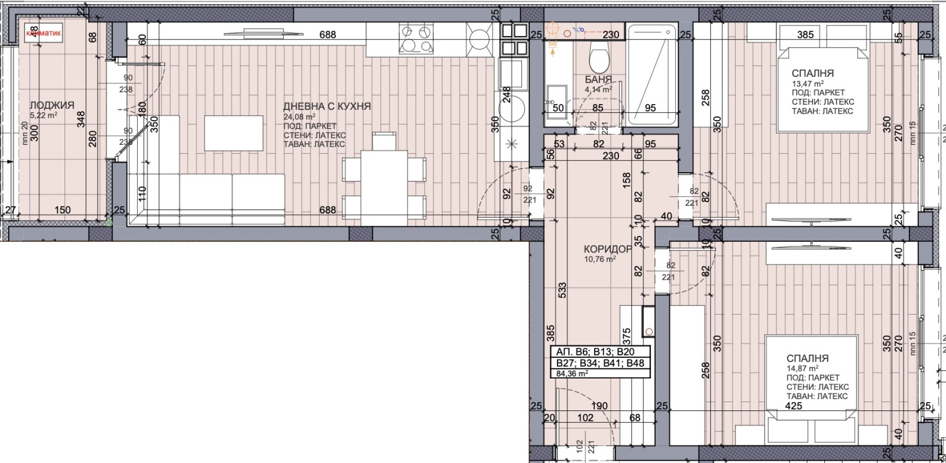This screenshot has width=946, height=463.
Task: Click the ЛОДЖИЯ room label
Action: (52, 105)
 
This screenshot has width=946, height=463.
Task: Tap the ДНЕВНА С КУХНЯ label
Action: (327, 106)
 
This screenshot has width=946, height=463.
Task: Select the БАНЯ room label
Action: (598, 79)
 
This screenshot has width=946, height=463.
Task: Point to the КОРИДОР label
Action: (607, 250)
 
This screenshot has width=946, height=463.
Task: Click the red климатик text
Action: (43, 34)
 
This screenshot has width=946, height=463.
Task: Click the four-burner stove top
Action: (416, 38)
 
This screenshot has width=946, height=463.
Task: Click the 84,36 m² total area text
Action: (572, 374)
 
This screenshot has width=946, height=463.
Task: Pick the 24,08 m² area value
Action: (299, 117)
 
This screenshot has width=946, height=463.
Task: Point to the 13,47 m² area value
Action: (807, 83)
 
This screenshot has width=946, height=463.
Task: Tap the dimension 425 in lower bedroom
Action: (793, 406)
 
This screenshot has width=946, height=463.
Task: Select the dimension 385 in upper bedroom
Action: (805, 35)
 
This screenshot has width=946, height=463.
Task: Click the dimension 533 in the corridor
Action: (563, 290)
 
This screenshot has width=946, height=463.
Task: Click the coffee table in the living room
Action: (234, 133)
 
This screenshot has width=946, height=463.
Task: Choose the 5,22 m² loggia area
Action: (43, 115)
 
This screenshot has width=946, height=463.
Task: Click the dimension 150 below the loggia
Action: (62, 210)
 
